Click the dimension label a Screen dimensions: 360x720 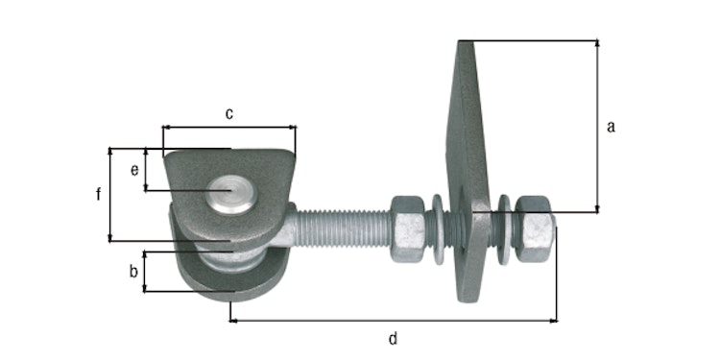[612, 126]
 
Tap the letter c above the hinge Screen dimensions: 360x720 [229, 113]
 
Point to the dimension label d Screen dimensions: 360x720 [393, 337]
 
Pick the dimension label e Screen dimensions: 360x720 [134, 170]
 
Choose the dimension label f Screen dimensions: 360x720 [98, 195]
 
